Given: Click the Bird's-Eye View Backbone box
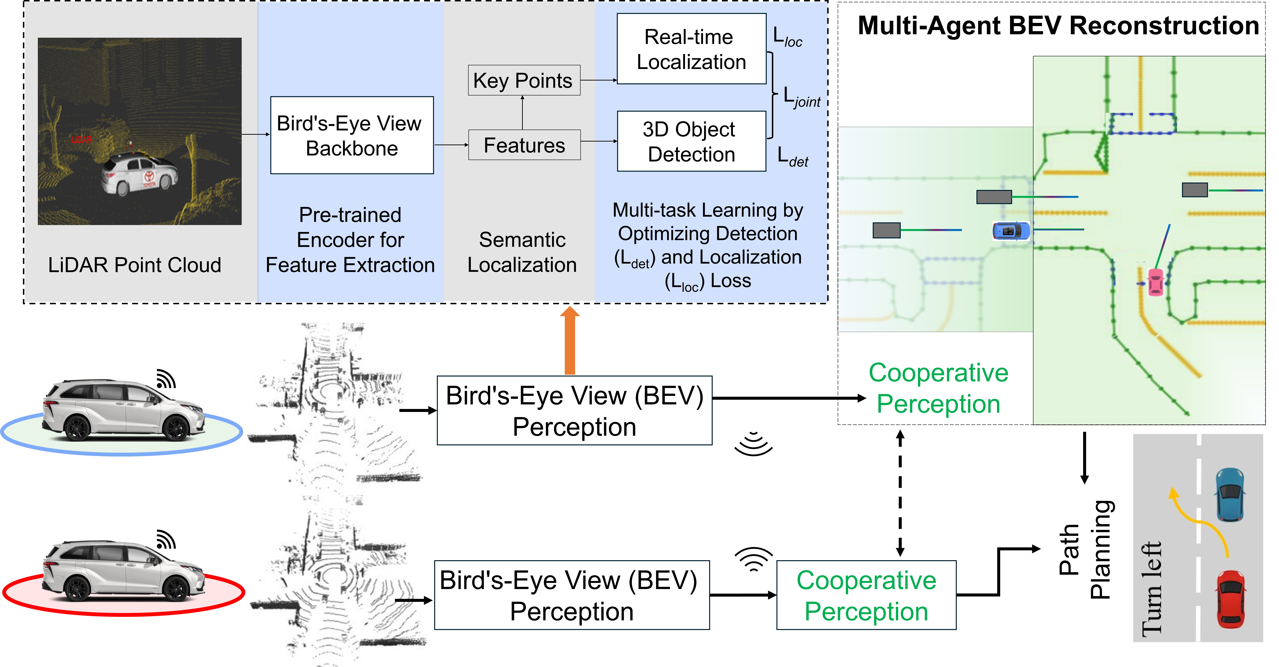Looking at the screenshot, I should pyautogui.click(x=352, y=135).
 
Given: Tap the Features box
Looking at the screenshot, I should pyautogui.click(x=524, y=145).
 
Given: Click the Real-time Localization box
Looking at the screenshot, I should pyautogui.click(x=691, y=49).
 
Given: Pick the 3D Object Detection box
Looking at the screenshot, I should pyautogui.click(x=691, y=142).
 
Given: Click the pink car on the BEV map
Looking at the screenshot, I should pyautogui.click(x=1155, y=282).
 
